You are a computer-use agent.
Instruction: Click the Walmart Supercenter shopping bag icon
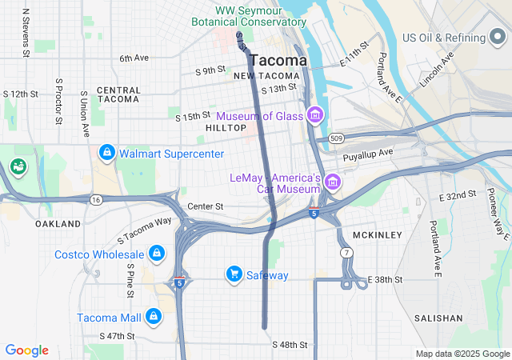(x=106, y=152)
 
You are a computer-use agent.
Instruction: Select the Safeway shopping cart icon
(x=234, y=274)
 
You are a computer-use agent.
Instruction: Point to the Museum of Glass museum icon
(x=315, y=116)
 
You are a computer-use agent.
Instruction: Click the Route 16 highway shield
(x=96, y=198)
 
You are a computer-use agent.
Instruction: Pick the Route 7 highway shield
(x=346, y=253)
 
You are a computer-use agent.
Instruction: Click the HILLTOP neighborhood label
(x=226, y=128)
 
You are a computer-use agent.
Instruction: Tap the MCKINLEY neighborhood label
(x=377, y=235)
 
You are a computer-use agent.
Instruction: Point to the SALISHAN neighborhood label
(x=438, y=318)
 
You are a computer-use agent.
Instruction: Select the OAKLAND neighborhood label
(x=58, y=224)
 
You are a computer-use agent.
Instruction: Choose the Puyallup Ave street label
(x=368, y=152)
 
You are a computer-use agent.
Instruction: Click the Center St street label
(x=206, y=206)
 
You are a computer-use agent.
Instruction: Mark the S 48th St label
(x=290, y=345)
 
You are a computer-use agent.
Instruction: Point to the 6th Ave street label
(x=134, y=58)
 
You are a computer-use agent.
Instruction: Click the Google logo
(x=27, y=350)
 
